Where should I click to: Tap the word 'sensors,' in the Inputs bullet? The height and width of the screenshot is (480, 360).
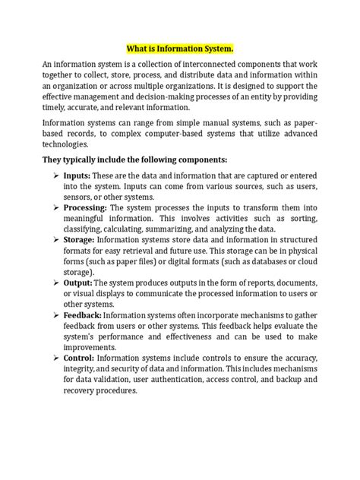[x=82, y=198]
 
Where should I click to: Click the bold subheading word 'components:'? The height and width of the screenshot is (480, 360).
[x=203, y=161]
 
